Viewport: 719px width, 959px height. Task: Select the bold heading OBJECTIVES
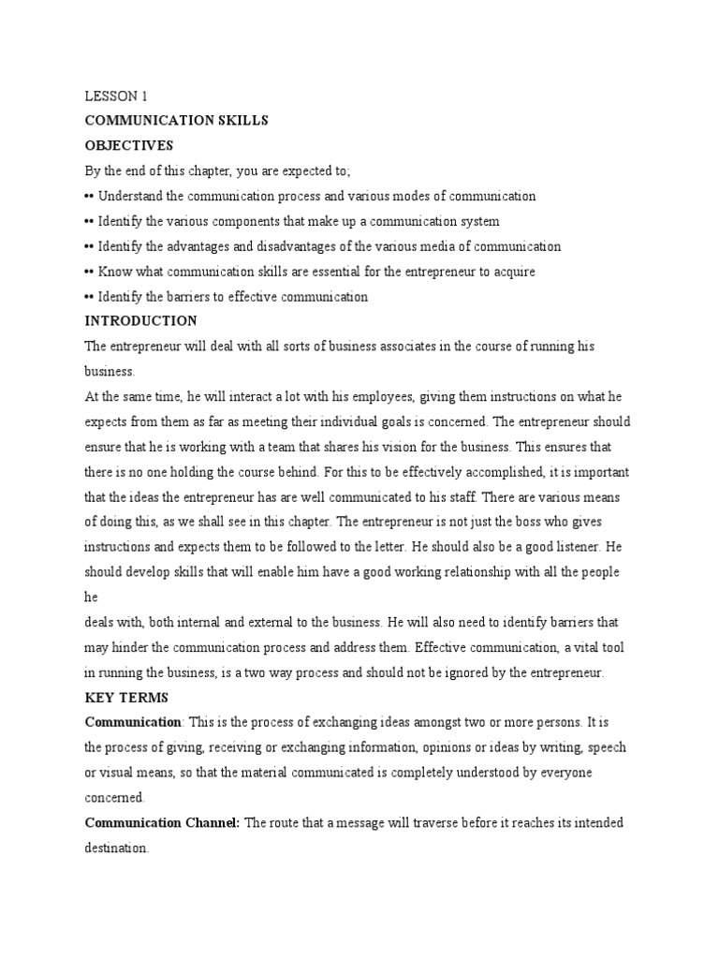(x=128, y=145)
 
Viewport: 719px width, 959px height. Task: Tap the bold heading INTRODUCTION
(x=141, y=321)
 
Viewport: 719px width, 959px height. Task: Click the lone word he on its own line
(x=91, y=597)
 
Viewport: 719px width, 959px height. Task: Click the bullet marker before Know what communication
(x=89, y=272)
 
